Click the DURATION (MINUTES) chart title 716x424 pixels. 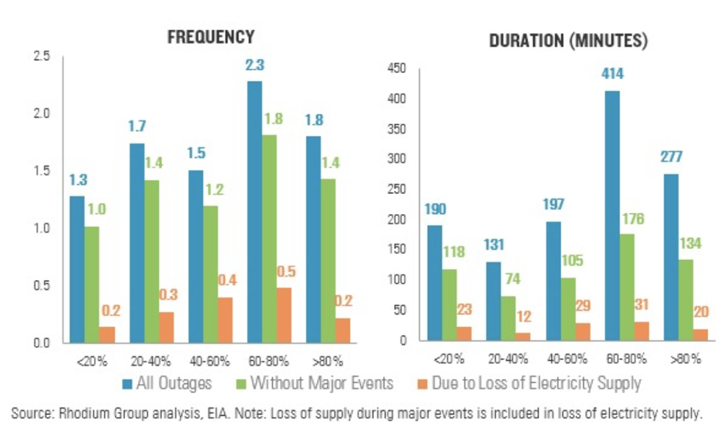[x=568, y=41]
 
